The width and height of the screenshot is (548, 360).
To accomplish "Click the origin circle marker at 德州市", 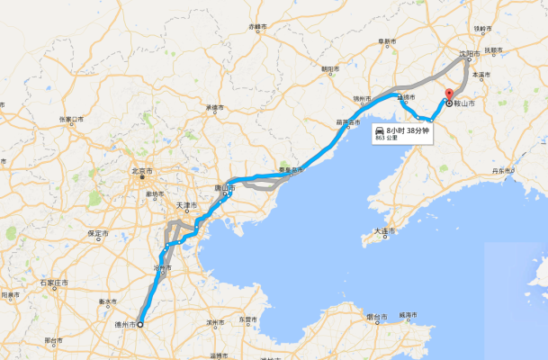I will [x=140, y=324].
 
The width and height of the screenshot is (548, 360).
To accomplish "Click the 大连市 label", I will [x=384, y=231].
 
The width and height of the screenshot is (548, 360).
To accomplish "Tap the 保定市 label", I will [x=98, y=233].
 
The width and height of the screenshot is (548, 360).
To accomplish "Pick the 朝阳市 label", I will [x=330, y=68].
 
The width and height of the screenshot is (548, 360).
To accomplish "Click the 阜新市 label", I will [x=388, y=40].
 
